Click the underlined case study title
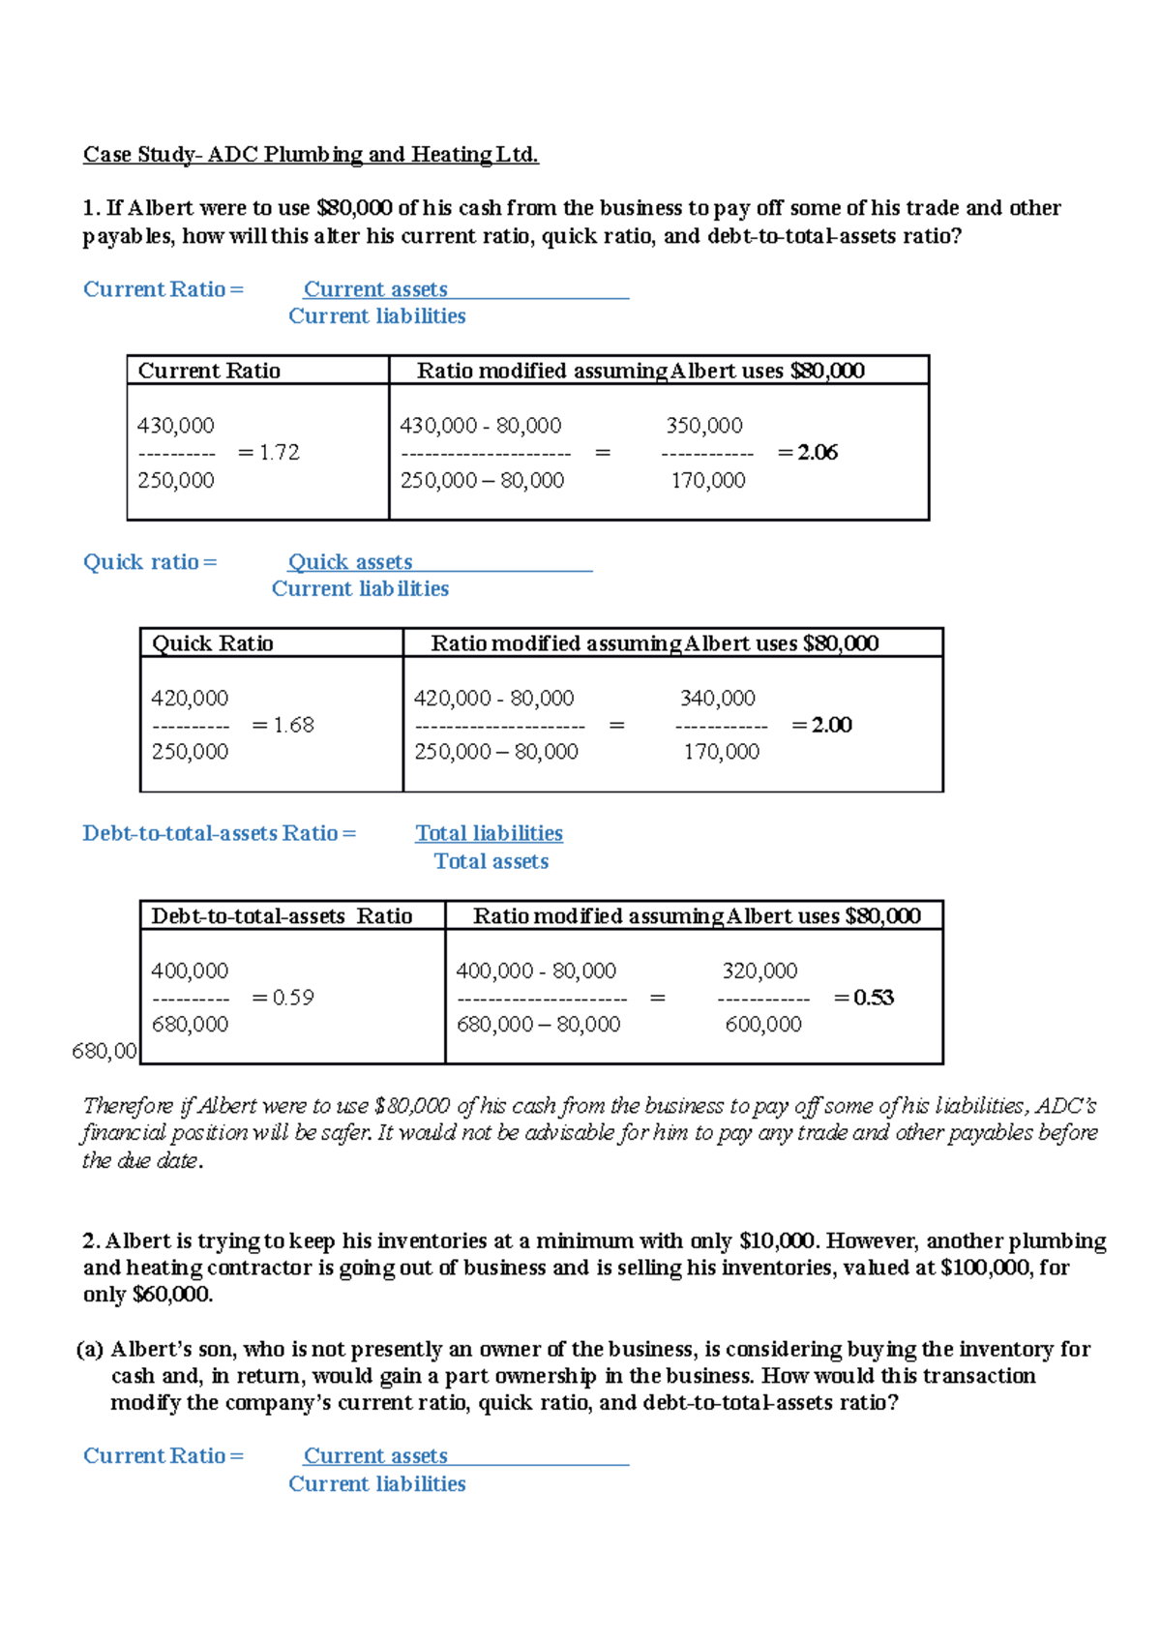(311, 154)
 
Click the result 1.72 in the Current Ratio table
(279, 452)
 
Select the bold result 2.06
(817, 452)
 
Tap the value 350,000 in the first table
(704, 426)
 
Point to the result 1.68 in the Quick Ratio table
(293, 725)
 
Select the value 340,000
(718, 698)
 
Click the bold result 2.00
(831, 725)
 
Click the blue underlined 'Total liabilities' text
(489, 833)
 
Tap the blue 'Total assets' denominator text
(491, 861)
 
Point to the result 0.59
(293, 998)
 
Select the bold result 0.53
(873, 998)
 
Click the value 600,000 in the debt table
(763, 1024)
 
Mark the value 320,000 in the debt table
(759, 971)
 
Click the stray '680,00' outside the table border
(104, 1051)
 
